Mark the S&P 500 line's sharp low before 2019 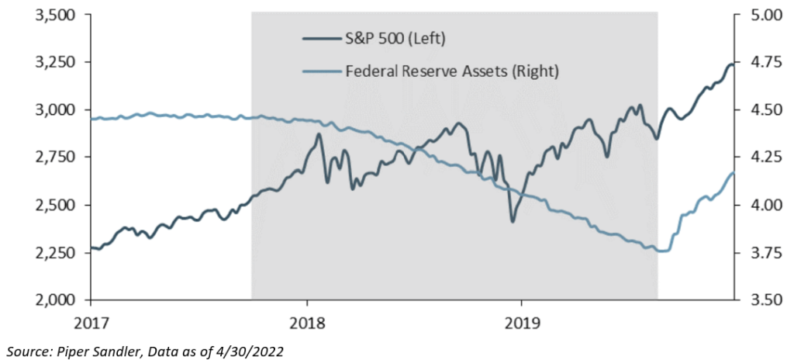[512, 221]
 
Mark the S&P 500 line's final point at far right [734, 64]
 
